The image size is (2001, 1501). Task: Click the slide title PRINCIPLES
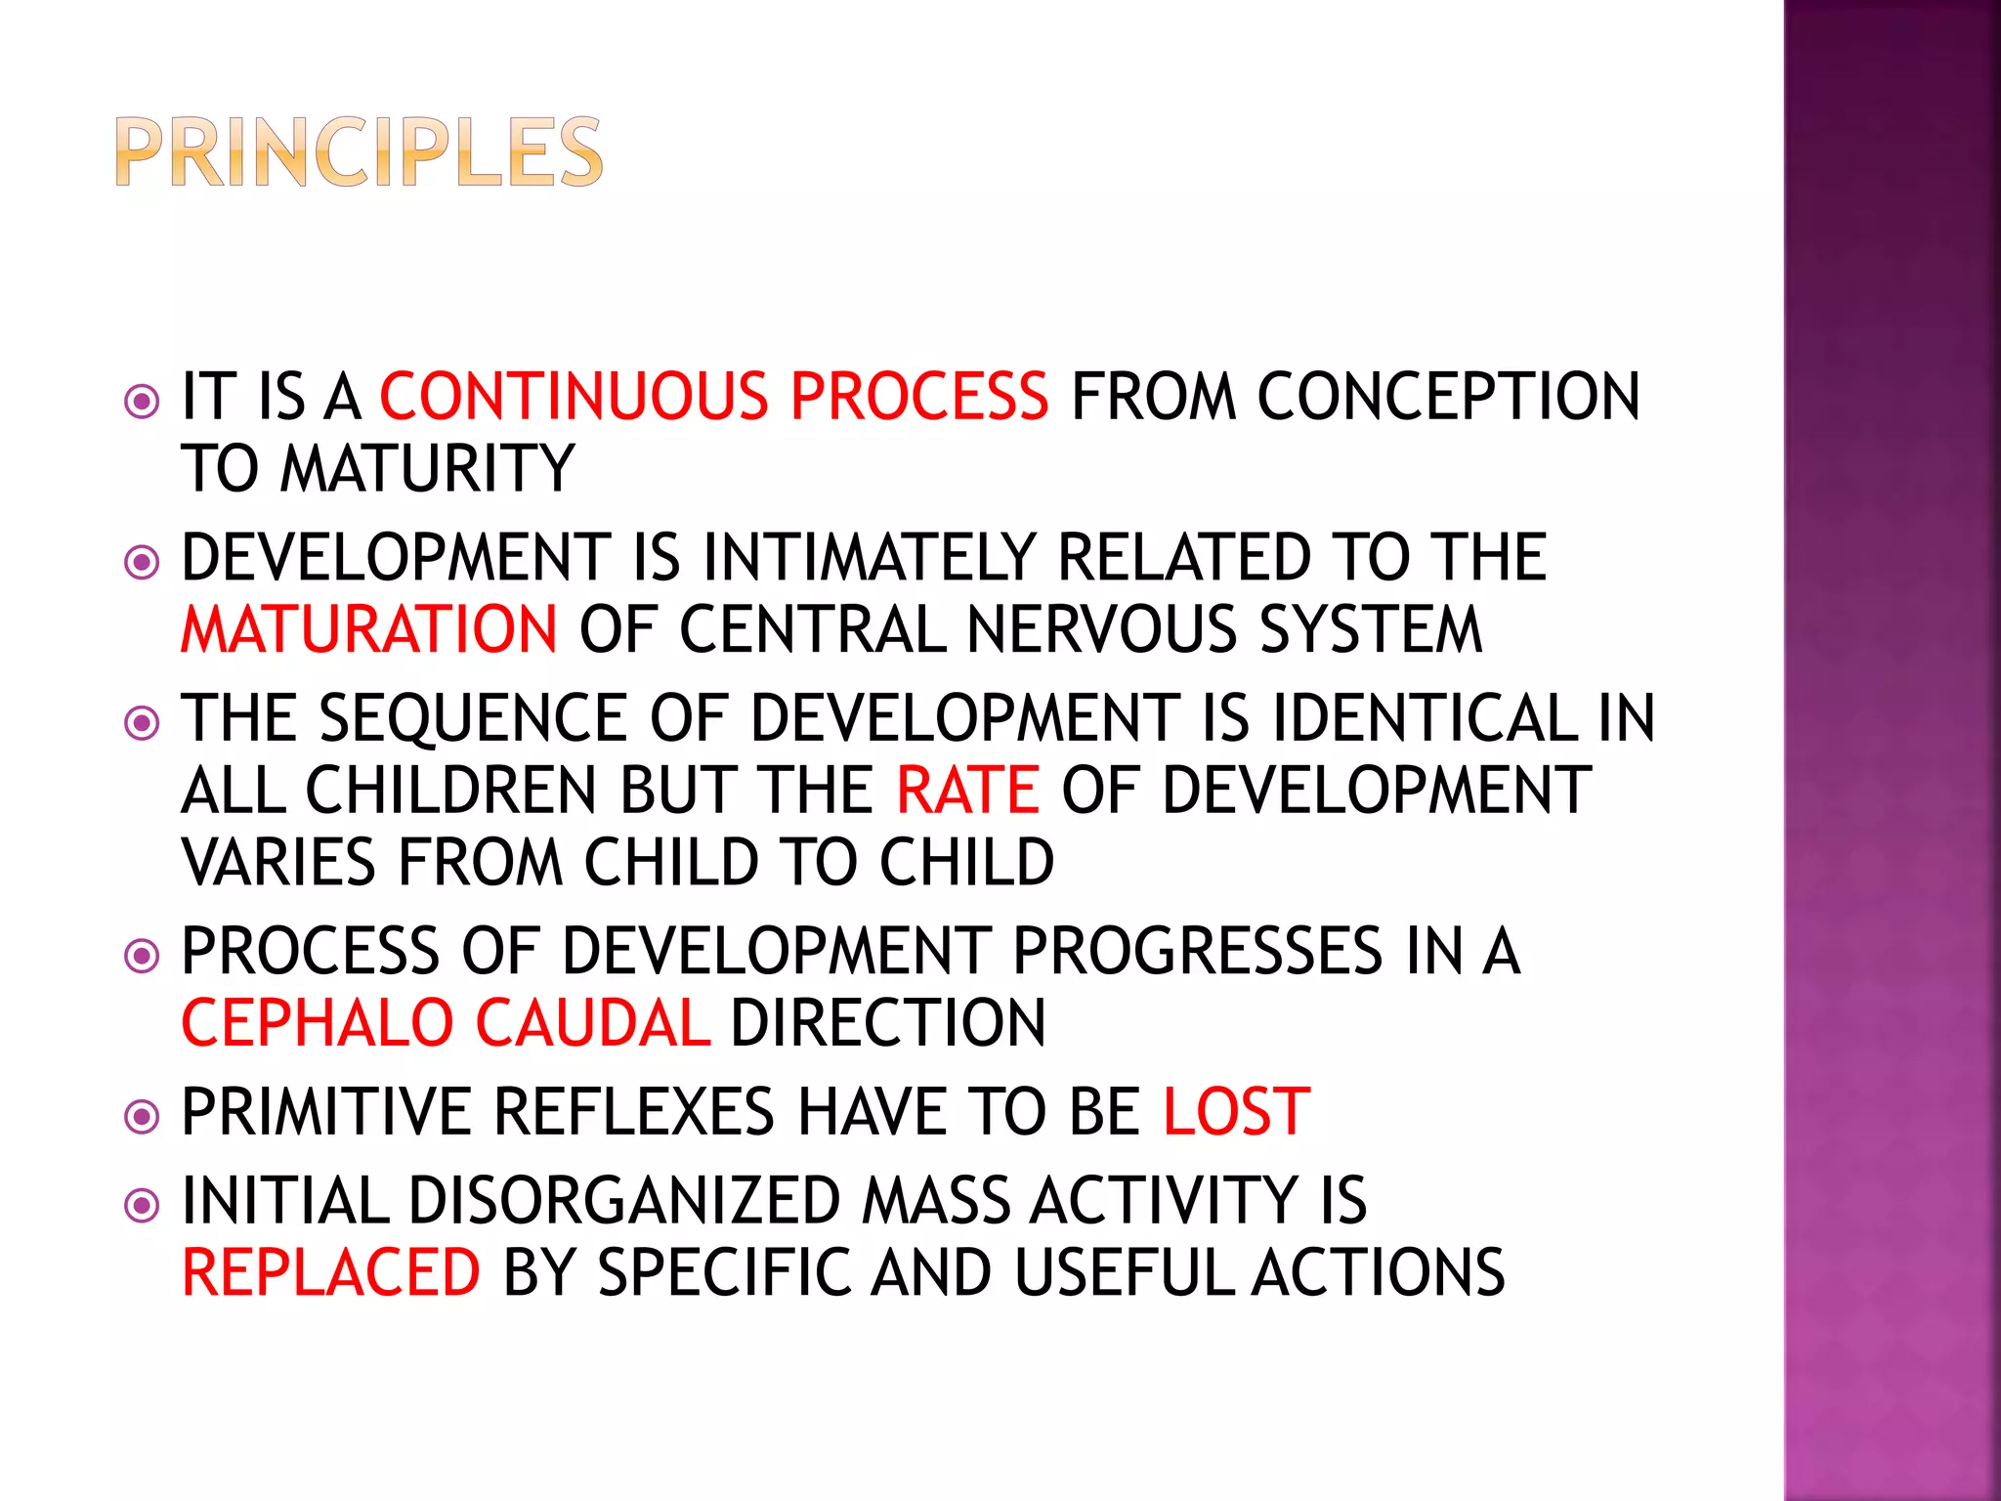pyautogui.click(x=359, y=151)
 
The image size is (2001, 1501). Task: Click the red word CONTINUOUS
pyautogui.click(x=574, y=397)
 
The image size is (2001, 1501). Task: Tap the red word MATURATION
pyautogui.click(x=369, y=628)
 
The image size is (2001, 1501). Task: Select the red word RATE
pyautogui.click(x=967, y=790)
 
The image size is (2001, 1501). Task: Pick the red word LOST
pyautogui.click(x=1236, y=1112)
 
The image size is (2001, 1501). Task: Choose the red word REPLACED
pyautogui.click(x=331, y=1272)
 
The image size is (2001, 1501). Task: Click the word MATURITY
pyautogui.click(x=427, y=468)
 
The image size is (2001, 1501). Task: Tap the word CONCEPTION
pyautogui.click(x=1448, y=397)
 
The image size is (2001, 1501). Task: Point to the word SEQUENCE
pyautogui.click(x=473, y=718)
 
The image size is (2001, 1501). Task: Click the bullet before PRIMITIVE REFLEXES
pyautogui.click(x=143, y=1115)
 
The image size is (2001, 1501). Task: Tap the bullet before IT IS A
pyautogui.click(x=143, y=401)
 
